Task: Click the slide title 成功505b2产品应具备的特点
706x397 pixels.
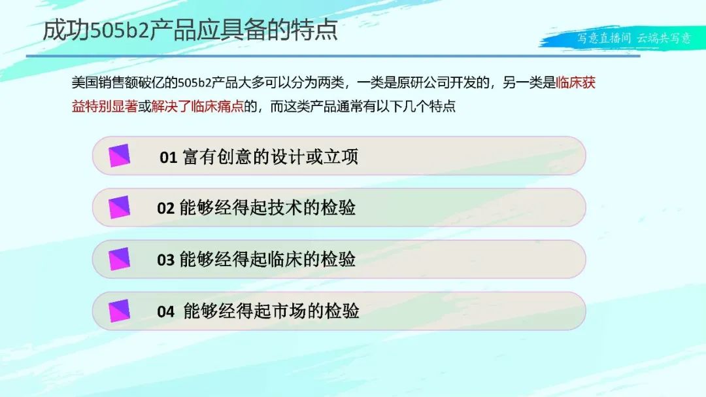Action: coord(190,31)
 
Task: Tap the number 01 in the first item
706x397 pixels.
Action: coord(169,157)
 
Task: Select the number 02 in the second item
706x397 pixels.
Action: coord(165,208)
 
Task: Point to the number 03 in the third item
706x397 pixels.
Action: coord(165,260)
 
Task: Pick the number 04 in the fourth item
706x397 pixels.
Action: coord(165,311)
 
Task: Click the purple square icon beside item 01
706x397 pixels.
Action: coord(120,156)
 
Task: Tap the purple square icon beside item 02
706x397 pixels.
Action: coord(120,207)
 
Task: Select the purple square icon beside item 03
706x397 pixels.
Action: coord(120,259)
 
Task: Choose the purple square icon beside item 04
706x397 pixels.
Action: coord(120,311)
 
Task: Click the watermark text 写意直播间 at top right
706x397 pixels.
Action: coord(604,39)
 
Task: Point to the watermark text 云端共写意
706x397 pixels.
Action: coord(664,39)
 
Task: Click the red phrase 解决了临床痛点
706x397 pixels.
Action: coord(197,107)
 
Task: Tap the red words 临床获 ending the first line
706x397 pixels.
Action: coord(576,82)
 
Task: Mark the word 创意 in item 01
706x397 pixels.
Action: coord(235,157)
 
